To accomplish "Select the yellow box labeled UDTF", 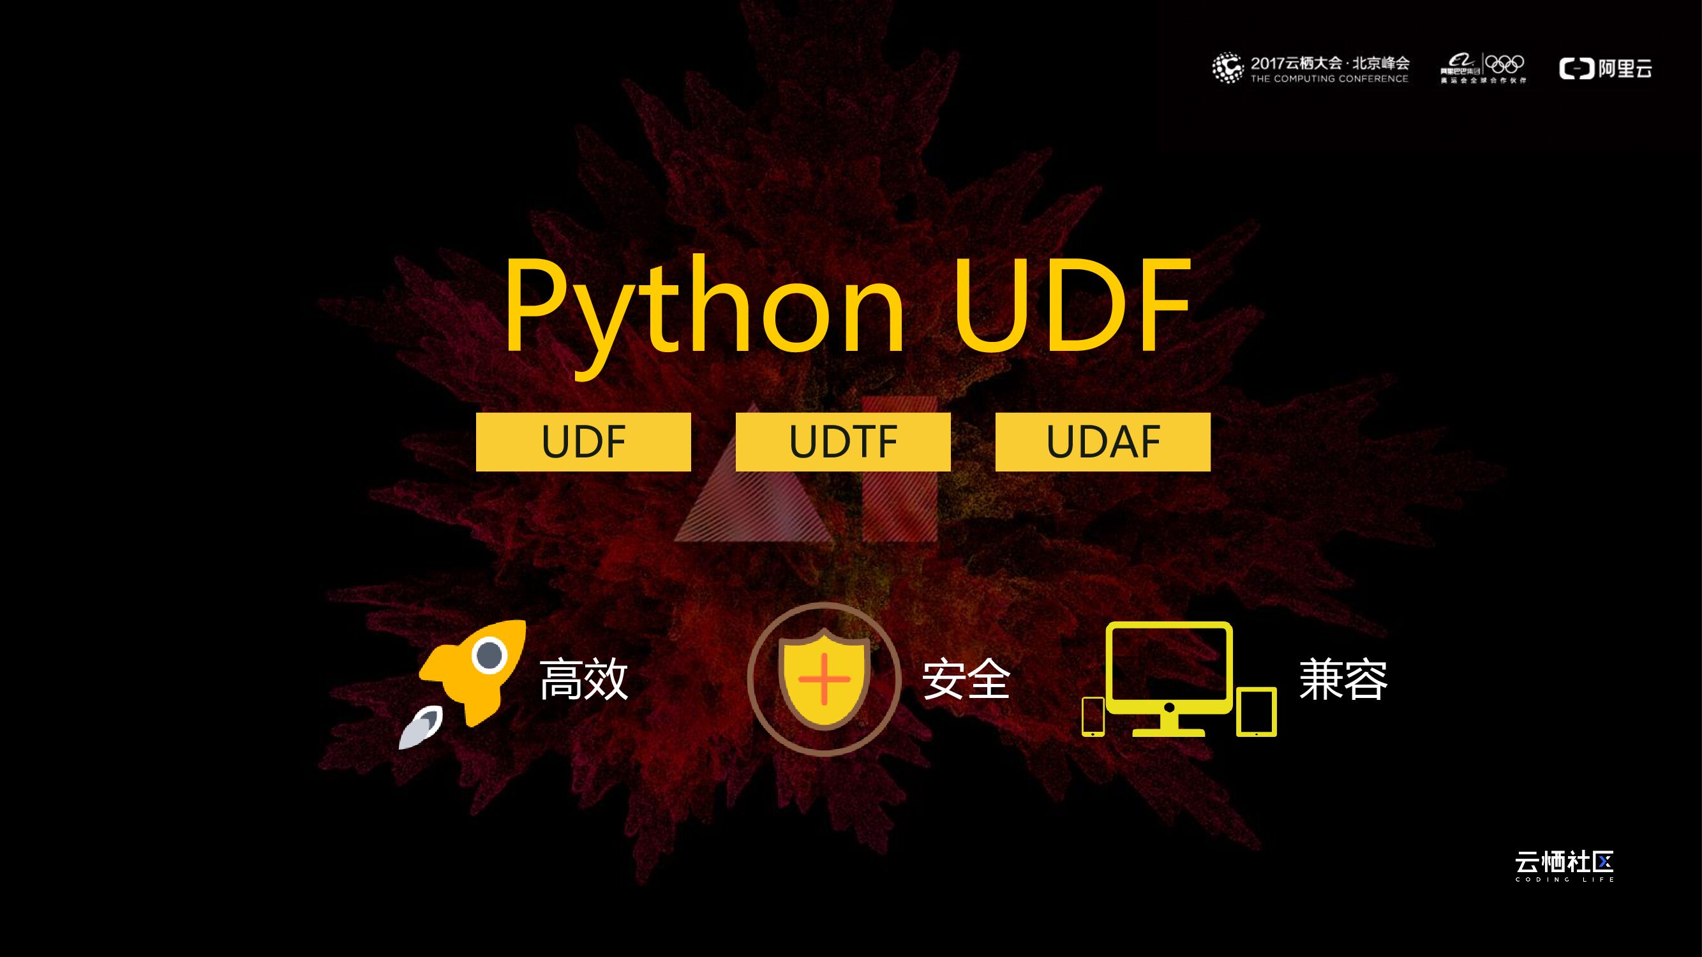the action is (843, 442).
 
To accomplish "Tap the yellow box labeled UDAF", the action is (1103, 442).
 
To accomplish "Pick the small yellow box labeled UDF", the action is (583, 442).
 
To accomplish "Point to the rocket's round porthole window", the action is (489, 655).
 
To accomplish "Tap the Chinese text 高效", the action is (583, 679).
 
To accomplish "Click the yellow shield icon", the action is (824, 679).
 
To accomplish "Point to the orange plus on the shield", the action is (824, 679).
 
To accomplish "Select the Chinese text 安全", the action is (966, 679).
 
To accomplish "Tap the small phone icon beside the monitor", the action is (1093, 716).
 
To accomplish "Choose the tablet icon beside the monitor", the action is (1256, 712).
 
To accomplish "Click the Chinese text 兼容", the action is (1343, 679).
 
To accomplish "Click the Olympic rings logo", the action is (1504, 64).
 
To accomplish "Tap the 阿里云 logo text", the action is (1625, 68).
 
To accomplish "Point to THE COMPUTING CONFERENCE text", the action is (1329, 78).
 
